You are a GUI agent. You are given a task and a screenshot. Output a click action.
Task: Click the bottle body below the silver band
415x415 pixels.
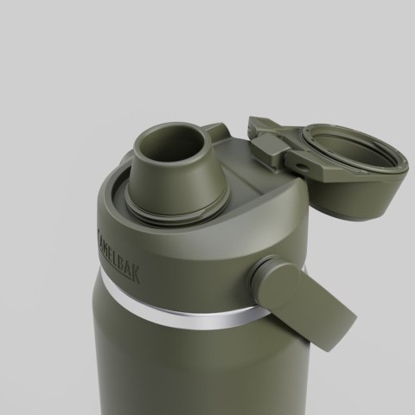[173, 372]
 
